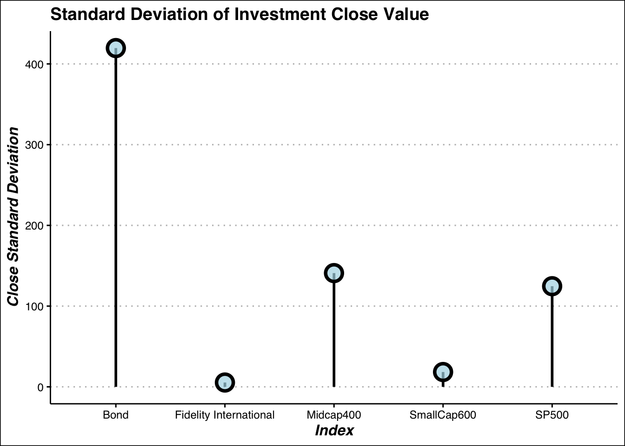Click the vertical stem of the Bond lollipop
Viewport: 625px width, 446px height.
[116, 223]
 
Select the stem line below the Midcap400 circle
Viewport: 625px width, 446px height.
[334, 335]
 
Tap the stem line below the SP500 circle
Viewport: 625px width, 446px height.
[552, 341]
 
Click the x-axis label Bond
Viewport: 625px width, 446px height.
[116, 415]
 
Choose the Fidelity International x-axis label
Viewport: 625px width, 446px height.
[225, 415]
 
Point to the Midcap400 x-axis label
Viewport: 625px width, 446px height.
[334, 415]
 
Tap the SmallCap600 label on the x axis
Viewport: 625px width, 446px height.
[443, 415]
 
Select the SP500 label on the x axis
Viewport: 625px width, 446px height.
[552, 415]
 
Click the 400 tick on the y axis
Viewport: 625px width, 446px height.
[34, 65]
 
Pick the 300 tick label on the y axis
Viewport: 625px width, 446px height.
[34, 145]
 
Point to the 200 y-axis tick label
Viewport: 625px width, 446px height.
[34, 226]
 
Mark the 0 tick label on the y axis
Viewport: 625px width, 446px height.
[41, 387]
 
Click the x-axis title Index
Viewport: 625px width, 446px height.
[334, 430]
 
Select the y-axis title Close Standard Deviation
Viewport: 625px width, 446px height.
[13, 216]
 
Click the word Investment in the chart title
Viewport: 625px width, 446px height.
[280, 14]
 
